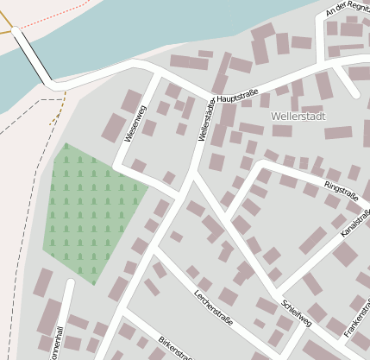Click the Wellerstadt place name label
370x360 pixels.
point(298,115)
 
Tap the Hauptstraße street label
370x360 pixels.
point(239,99)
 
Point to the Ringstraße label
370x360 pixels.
point(341,191)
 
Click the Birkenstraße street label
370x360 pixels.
point(174,347)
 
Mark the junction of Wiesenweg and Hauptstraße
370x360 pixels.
point(157,78)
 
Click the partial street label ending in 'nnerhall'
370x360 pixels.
point(58,340)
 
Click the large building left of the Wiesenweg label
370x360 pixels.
point(113,128)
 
